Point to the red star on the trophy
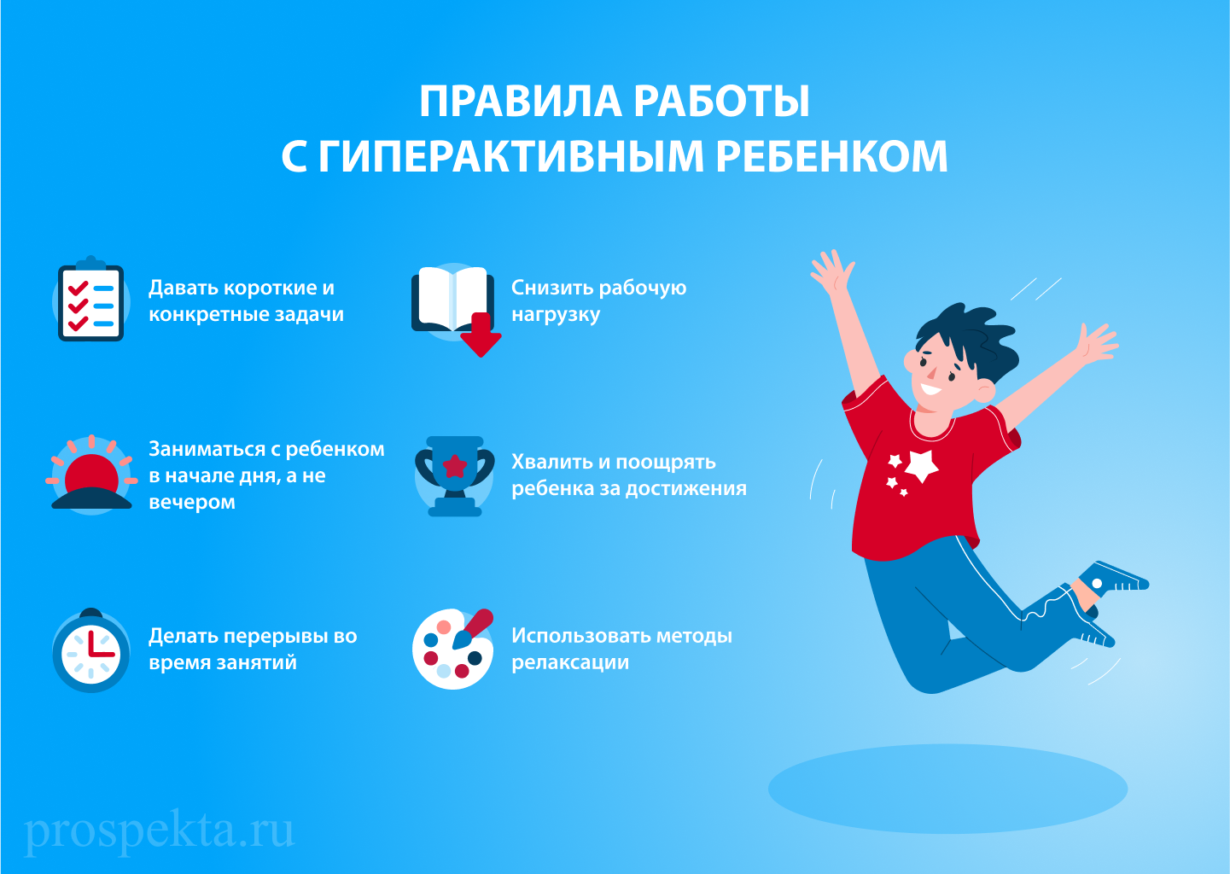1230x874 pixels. pyautogui.click(x=455, y=466)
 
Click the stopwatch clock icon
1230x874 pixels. pyautogui.click(x=91, y=652)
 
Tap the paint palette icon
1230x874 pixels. pyautogui.click(x=452, y=649)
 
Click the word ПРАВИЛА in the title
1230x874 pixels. pyautogui.click(x=521, y=102)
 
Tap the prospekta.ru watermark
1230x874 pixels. pyautogui.click(x=160, y=830)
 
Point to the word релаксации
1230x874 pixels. pyautogui.click(x=569, y=662)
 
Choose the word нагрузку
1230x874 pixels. pyautogui.click(x=556, y=315)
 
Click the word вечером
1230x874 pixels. pyautogui.click(x=191, y=502)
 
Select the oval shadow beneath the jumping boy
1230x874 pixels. pyautogui.click(x=947, y=789)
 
